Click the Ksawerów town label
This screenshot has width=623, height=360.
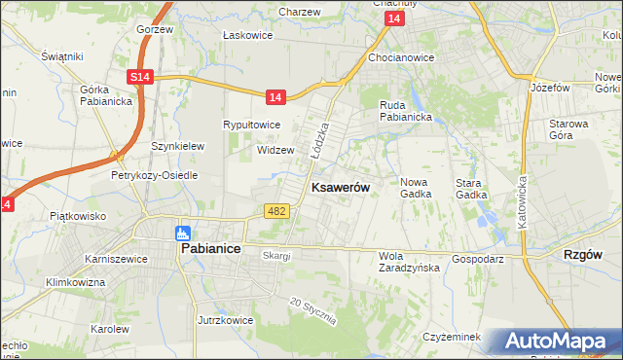tap(339, 187)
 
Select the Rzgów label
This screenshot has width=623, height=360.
tap(583, 254)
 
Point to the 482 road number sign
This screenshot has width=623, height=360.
tap(275, 210)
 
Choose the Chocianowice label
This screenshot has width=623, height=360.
tap(401, 57)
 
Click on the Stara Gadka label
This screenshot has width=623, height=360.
tap(471, 188)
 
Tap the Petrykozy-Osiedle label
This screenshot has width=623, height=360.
tap(154, 175)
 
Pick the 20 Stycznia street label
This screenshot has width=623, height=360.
tap(313, 310)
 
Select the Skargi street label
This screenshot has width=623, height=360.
tap(276, 255)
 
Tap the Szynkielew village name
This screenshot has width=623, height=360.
tap(177, 146)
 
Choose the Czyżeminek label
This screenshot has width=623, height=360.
tap(453, 337)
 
